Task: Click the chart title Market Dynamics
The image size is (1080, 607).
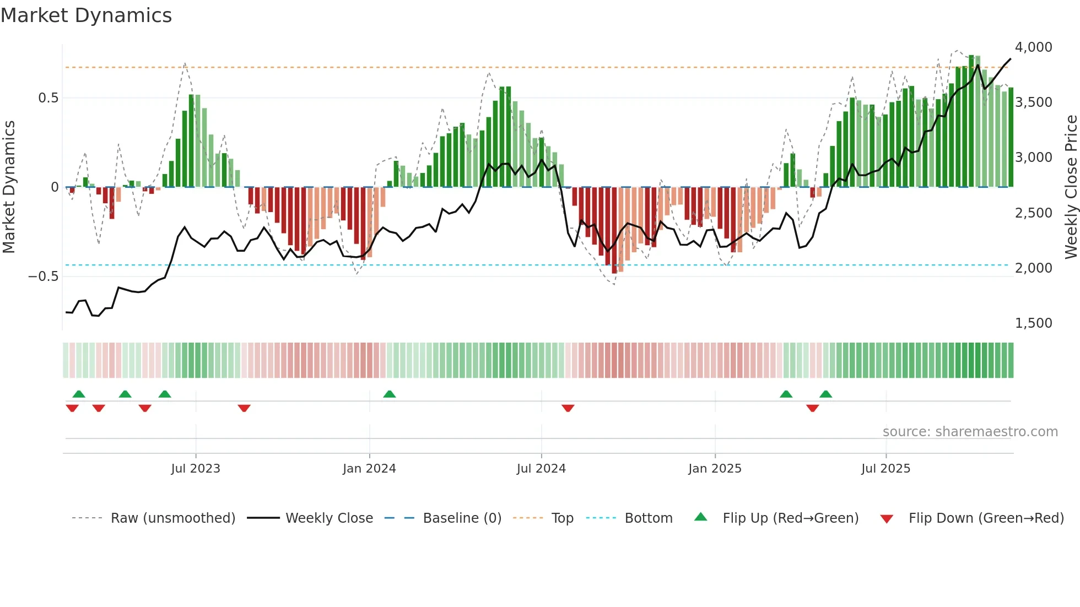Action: (x=87, y=15)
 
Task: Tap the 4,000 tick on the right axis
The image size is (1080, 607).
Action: (x=1033, y=47)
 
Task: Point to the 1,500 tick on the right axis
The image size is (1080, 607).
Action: (x=1033, y=323)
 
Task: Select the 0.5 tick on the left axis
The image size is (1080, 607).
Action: (x=48, y=98)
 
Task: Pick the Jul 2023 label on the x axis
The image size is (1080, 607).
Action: (x=195, y=469)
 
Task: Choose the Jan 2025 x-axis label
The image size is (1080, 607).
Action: (x=715, y=469)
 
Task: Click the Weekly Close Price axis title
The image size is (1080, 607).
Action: (x=1071, y=187)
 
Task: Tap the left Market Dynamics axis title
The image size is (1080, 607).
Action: (x=9, y=187)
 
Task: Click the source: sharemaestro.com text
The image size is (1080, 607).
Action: (x=970, y=432)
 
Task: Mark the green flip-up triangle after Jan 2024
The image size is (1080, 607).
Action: (x=390, y=394)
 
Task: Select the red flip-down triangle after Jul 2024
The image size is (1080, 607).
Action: (x=568, y=408)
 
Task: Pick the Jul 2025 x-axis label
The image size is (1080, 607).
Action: (x=885, y=469)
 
